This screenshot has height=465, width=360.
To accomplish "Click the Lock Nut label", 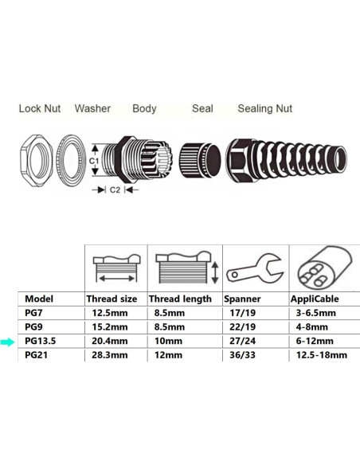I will point(40,108).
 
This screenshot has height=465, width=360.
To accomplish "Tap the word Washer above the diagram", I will point(92,108).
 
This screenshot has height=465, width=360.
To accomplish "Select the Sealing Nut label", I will point(265,108).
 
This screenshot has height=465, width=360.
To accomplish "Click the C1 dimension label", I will point(92,159).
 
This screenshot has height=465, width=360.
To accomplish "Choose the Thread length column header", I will point(180,299).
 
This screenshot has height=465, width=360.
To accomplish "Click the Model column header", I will point(39,299).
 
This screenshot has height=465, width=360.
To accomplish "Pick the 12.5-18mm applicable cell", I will point(318,355).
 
